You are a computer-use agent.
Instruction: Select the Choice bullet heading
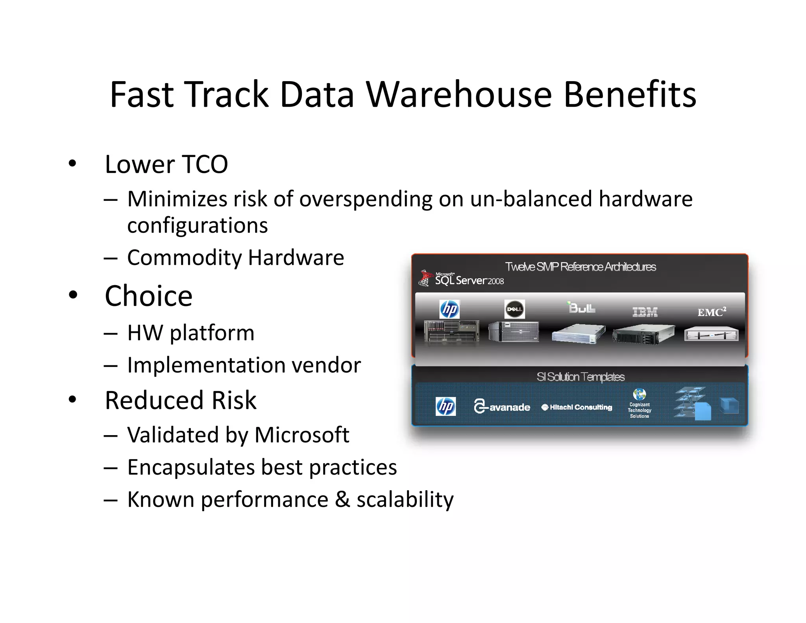[x=148, y=296]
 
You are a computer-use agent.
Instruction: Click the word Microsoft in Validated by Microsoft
[x=302, y=435]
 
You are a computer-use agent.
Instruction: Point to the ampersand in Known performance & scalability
[x=342, y=499]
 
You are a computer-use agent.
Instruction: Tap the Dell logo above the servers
[x=514, y=309]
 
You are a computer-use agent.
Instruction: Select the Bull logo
[x=582, y=308]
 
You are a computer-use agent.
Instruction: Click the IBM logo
[x=645, y=312]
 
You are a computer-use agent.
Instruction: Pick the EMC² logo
[x=712, y=312]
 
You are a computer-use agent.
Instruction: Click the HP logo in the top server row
[x=449, y=309]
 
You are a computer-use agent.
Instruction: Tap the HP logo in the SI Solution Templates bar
[x=446, y=406]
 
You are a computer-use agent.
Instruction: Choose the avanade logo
[x=502, y=407]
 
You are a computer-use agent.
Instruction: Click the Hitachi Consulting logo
[x=577, y=407]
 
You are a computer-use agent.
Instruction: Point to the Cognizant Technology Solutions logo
[x=640, y=404]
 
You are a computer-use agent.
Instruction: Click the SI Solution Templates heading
[x=580, y=377]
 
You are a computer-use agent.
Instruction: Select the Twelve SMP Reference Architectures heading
[x=580, y=267]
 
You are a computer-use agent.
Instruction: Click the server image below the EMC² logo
[x=711, y=335]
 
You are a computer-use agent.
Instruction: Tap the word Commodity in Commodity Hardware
[x=185, y=258]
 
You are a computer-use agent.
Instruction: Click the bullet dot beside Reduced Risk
[x=72, y=399]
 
